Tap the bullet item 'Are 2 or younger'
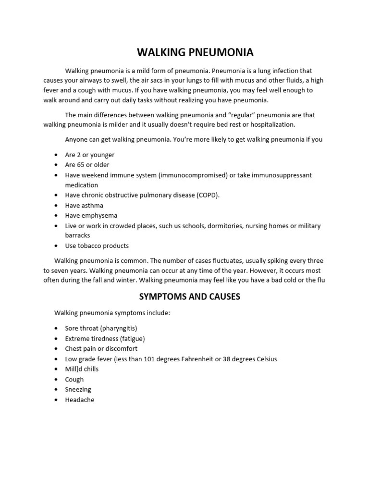pos(90,155)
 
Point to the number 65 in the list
pos(81,165)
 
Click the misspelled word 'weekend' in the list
pos(97,175)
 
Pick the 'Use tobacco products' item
pos(97,246)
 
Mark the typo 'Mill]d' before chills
pos(74,369)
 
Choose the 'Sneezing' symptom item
pos(78,389)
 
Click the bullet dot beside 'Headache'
pos(56,400)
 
